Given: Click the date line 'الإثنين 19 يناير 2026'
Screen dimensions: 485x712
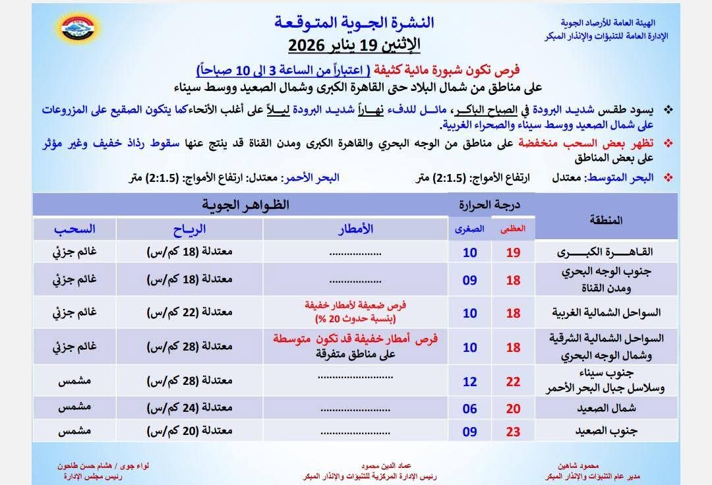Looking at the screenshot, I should (355, 46).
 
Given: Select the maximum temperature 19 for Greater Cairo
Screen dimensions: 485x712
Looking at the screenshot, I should (514, 252).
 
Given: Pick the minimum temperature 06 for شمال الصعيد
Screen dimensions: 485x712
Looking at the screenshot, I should (469, 409).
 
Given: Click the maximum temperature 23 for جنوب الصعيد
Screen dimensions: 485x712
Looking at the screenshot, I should (514, 432).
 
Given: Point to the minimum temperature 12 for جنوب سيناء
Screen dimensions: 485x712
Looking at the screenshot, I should (469, 382).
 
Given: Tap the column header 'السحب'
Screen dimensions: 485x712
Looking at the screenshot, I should (74, 229).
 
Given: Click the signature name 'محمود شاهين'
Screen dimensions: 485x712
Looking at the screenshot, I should (571, 466).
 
